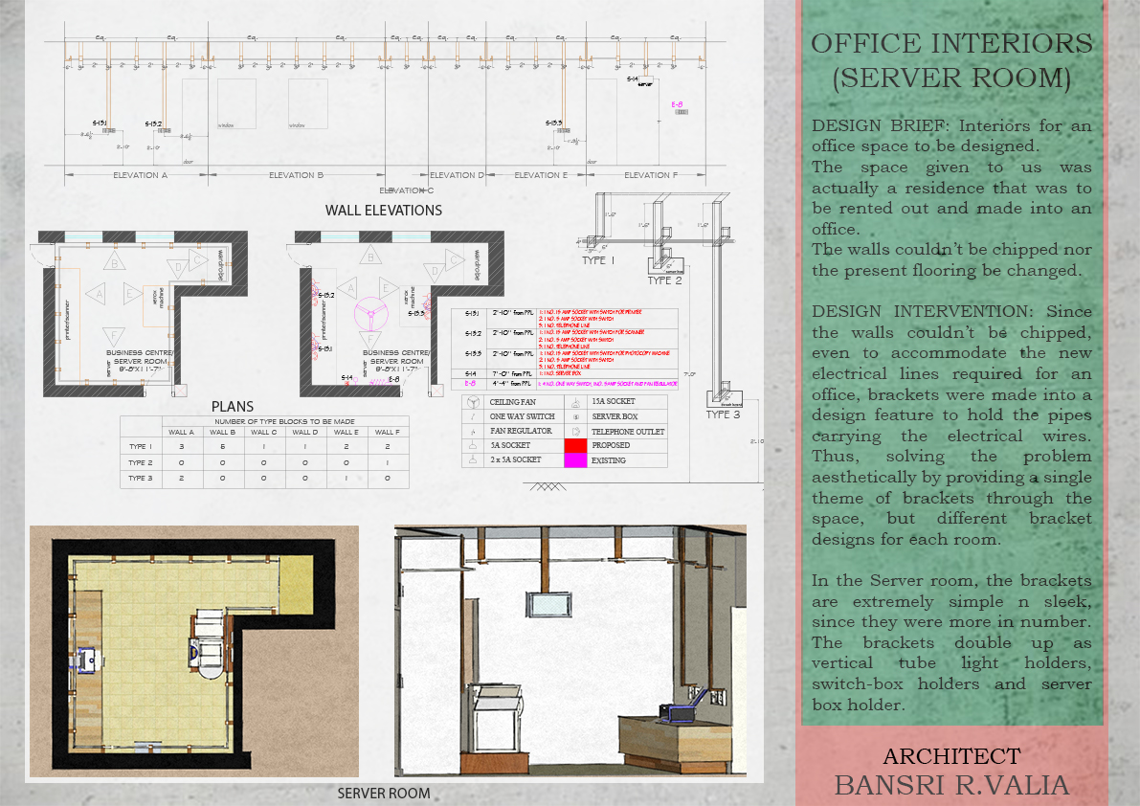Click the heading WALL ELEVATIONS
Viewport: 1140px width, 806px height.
[x=383, y=211]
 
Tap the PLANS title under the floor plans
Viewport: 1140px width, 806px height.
[x=233, y=407]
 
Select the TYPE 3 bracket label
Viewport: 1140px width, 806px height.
[x=723, y=414]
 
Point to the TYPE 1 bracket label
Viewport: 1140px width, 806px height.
[x=599, y=260]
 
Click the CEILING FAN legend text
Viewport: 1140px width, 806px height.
[x=515, y=402]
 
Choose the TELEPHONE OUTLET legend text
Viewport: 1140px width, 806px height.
[x=627, y=432]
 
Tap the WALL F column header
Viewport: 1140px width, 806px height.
[x=386, y=433]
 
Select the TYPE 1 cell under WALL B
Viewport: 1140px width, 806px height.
[x=222, y=447]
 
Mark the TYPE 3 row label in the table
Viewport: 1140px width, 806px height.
[x=141, y=478]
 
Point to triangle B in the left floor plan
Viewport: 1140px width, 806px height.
[x=116, y=261]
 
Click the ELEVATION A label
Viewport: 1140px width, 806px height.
[x=140, y=175]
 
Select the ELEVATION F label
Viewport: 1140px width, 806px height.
[x=651, y=175]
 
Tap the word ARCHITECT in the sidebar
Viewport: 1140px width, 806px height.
[x=950, y=756]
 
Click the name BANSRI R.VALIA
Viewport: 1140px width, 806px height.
[x=950, y=786]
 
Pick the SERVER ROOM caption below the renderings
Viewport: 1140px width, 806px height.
[x=384, y=794]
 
